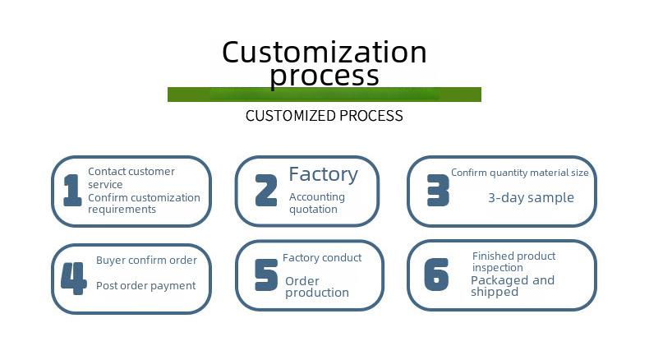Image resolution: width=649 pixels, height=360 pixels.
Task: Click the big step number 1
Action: point(72,190)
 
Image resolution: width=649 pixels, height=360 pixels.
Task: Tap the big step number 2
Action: point(265,190)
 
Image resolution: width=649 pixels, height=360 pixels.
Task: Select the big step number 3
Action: point(438,190)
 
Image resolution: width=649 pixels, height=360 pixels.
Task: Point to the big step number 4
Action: point(74,278)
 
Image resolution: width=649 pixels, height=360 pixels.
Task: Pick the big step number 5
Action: point(266,275)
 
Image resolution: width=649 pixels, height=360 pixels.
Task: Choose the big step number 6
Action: point(436,274)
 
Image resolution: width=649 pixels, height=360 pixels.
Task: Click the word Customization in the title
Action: point(324,53)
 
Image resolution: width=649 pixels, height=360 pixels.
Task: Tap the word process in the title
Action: point(324,76)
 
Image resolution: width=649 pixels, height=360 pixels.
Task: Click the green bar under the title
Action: point(324,95)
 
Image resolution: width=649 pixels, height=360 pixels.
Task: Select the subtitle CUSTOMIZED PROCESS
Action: point(324,116)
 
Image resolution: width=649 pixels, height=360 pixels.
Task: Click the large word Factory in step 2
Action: point(323,174)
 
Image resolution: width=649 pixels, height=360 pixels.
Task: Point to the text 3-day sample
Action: point(531,197)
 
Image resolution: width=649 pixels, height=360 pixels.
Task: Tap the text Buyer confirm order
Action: point(146,261)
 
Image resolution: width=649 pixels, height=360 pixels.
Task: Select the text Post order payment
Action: point(145,286)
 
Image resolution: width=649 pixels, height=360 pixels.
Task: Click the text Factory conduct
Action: point(322,258)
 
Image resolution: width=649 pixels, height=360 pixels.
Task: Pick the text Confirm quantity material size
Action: point(520,173)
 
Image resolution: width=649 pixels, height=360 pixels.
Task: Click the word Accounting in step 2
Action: point(317,197)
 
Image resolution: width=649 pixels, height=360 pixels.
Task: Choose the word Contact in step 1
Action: point(107,172)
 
